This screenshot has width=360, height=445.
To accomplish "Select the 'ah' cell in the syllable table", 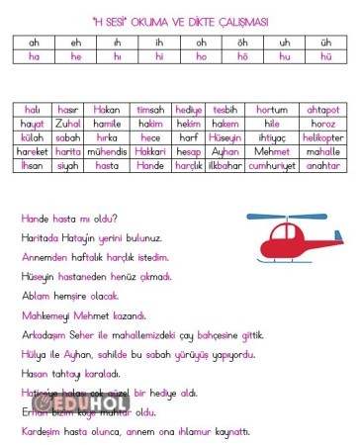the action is tap(35, 43).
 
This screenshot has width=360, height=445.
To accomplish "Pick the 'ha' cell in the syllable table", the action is tap(35, 56).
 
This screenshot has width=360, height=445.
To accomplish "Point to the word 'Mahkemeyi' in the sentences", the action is tap(45, 314).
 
